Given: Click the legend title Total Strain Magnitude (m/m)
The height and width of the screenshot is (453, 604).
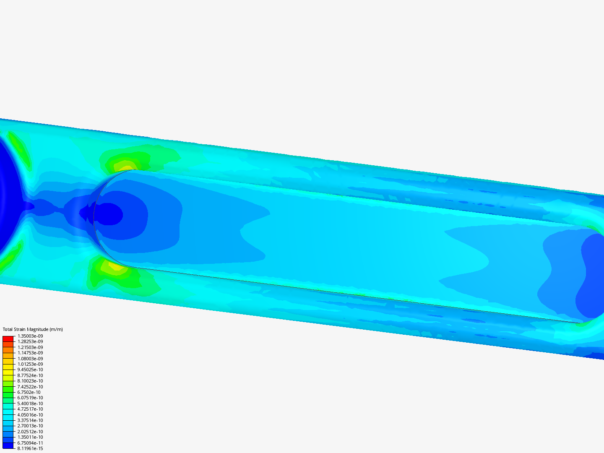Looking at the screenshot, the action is click(33, 329).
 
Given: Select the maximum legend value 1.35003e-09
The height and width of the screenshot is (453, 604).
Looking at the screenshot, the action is click(30, 336).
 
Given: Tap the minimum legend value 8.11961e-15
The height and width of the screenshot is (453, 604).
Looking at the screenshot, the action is click(30, 448).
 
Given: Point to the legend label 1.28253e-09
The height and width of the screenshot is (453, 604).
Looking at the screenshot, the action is click(30, 341).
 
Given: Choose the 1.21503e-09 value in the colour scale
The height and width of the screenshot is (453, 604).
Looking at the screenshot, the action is click(30, 347).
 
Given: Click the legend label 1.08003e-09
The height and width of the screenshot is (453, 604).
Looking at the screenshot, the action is click(30, 358).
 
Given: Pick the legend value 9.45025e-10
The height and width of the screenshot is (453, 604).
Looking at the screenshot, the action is click(30, 370).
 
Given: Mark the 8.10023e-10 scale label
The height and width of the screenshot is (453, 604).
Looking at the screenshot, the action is click(30, 381).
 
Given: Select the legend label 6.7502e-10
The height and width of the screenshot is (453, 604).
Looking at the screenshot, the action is click(29, 392).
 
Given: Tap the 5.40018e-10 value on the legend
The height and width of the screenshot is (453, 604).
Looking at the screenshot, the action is click(30, 404).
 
